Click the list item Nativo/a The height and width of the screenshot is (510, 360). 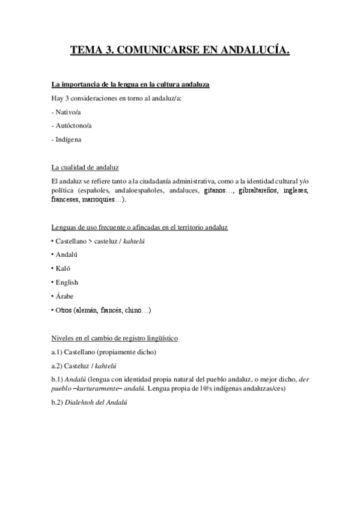point(68,112)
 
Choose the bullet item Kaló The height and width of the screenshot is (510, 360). point(64,268)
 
